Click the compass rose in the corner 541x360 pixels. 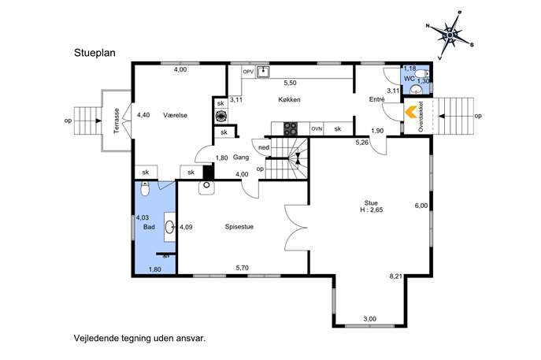[x=450, y=35]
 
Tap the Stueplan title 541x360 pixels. [x=94, y=53]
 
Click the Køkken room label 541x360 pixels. [x=289, y=100]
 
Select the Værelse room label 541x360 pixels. [x=176, y=115]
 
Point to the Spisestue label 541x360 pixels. [x=239, y=227]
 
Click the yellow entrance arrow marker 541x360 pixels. [x=410, y=113]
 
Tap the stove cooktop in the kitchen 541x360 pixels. [x=291, y=128]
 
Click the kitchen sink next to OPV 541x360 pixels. [x=263, y=72]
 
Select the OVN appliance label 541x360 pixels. [x=317, y=128]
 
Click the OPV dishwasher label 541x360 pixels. [x=248, y=72]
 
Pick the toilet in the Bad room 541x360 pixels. [x=145, y=189]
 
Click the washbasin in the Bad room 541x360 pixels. [x=169, y=227]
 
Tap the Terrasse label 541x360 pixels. [x=117, y=121]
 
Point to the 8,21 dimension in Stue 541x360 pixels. [x=396, y=276]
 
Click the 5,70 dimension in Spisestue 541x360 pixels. [x=243, y=268]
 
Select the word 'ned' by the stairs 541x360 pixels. [x=264, y=148]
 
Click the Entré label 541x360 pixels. [x=376, y=99]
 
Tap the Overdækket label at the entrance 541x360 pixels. [x=421, y=117]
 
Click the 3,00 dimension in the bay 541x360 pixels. [x=370, y=319]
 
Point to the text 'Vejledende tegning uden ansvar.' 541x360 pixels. [x=139, y=338]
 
